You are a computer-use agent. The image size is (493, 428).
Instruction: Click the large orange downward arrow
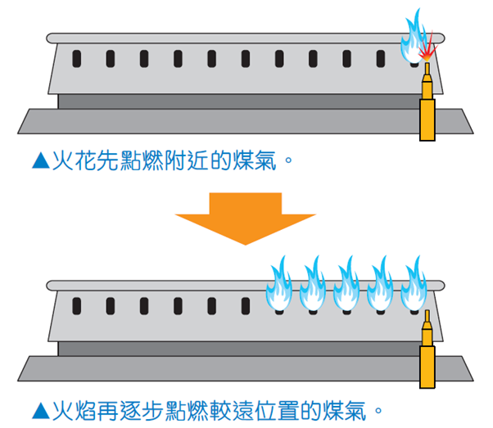tap(245, 214)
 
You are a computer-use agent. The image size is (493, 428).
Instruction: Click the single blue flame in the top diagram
tap(411, 37)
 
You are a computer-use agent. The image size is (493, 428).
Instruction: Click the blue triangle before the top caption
tap(39, 160)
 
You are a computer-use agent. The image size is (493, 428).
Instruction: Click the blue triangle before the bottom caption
tap(39, 406)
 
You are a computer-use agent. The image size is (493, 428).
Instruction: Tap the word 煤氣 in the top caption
tap(256, 160)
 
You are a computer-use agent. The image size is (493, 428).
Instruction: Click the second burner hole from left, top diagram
tap(110, 60)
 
